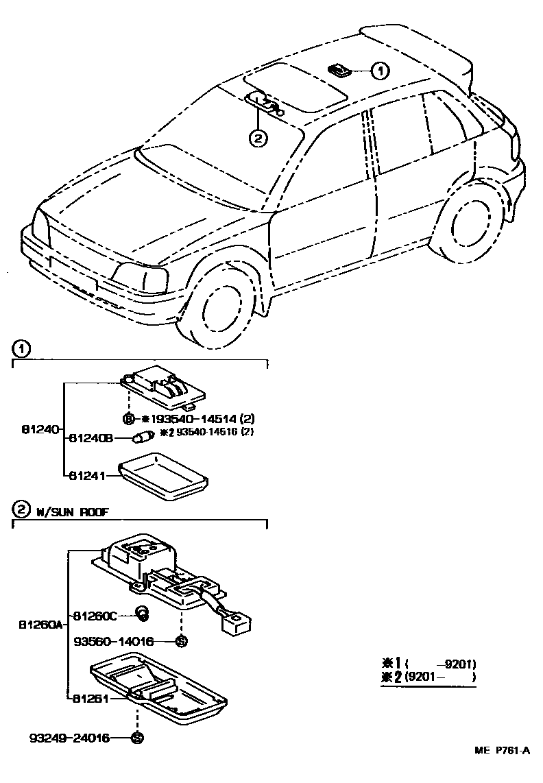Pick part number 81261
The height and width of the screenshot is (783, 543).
(90, 699)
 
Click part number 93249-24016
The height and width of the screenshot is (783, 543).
(68, 738)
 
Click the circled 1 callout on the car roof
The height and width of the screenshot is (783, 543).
(381, 69)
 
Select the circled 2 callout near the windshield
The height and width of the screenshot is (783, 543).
(257, 138)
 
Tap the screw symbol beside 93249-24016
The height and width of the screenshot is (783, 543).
(136, 738)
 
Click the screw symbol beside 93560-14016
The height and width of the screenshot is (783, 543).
(181, 642)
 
